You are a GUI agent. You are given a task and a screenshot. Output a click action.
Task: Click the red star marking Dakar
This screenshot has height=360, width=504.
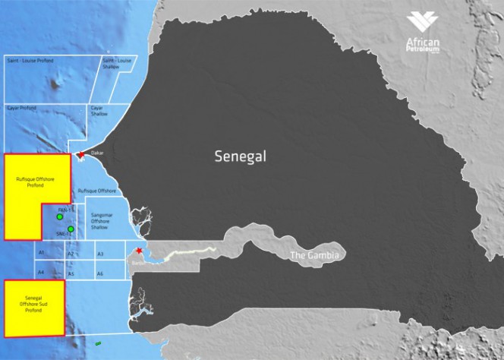coord(81,155)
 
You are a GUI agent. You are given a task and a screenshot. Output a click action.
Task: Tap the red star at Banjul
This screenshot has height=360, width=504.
coord(139,252)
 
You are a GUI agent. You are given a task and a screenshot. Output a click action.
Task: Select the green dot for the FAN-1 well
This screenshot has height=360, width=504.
coord(59,217)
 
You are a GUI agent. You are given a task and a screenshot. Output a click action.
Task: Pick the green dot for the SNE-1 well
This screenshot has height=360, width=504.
coord(71,229)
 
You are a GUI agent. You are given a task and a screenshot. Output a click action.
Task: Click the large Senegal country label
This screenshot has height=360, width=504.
coord(242,157)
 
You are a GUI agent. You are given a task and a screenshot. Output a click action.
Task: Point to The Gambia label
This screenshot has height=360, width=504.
coord(315,255)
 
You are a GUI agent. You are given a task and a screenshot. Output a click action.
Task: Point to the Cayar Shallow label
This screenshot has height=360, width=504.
coord(99,111)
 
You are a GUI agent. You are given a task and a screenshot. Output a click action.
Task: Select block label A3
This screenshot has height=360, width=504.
coord(100,253)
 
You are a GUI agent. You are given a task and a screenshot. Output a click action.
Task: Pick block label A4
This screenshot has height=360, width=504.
coord(42,272)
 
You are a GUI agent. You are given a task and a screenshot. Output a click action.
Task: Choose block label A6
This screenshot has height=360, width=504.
coord(99,273)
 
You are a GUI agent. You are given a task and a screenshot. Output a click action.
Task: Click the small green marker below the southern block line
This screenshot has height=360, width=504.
coord(98,343)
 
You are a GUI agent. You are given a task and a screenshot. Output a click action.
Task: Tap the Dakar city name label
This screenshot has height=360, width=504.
coord(96,153)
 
